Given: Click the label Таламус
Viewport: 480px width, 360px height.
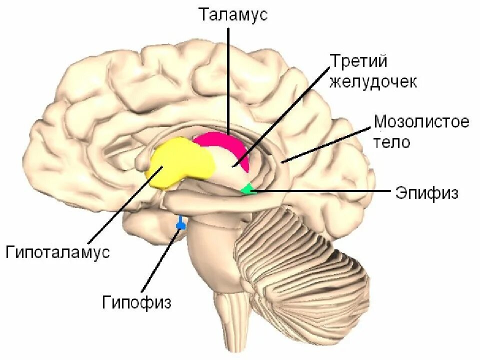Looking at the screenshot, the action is [233, 14].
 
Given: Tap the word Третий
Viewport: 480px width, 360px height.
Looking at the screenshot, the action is [358, 62].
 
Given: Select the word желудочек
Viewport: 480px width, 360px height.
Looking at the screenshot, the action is [373, 82].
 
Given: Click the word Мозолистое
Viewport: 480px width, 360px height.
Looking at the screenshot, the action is [421, 121].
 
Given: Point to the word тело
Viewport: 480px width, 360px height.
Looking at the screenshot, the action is [392, 142].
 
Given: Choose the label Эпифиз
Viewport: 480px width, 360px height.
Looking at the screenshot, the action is [426, 193].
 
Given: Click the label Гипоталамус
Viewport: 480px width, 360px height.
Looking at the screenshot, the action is [58, 252].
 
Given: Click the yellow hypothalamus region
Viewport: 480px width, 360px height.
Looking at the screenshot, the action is [178, 162].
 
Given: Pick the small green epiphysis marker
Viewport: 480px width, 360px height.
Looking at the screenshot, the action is [247, 189].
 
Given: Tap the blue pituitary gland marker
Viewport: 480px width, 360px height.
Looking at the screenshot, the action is [180, 225].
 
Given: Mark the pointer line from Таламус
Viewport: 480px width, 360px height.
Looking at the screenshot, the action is [228, 80].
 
